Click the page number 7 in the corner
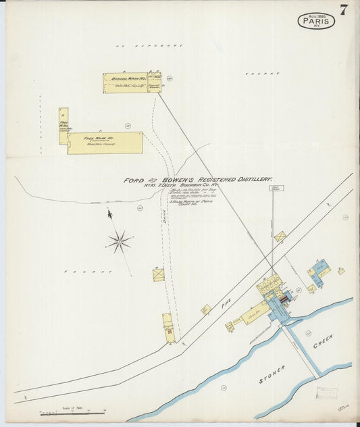344,9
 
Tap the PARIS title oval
316,22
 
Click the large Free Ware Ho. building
105,143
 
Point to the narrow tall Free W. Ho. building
63,126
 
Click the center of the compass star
120,241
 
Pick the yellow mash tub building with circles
269,285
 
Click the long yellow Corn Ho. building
255,312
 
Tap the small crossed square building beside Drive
158,275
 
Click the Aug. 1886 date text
316,15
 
